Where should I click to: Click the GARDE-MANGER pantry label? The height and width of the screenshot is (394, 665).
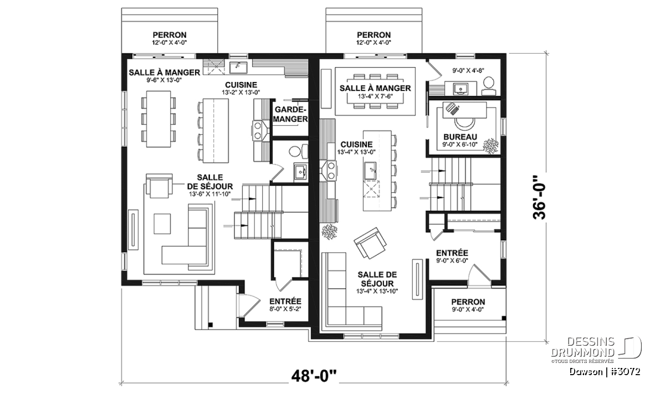(290, 114)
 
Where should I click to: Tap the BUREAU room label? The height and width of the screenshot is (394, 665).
(460, 137)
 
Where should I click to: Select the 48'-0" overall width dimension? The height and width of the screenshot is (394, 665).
(314, 377)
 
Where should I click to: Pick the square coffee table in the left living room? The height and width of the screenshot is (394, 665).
(162, 224)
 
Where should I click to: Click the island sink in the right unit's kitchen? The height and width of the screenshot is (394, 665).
(370, 171)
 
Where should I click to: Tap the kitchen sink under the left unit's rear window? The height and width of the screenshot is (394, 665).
(238, 68)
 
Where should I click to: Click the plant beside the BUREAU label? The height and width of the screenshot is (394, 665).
(491, 146)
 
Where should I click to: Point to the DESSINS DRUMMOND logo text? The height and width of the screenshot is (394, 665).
(582, 347)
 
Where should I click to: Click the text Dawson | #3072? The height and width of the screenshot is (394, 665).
(605, 371)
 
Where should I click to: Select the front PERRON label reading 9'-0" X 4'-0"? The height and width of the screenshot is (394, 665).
(468, 305)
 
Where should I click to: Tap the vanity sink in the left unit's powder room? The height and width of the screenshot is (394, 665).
(301, 171)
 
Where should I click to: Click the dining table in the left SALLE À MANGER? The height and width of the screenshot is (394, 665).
(158, 119)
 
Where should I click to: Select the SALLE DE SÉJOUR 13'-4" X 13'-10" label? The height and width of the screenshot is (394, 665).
(377, 283)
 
